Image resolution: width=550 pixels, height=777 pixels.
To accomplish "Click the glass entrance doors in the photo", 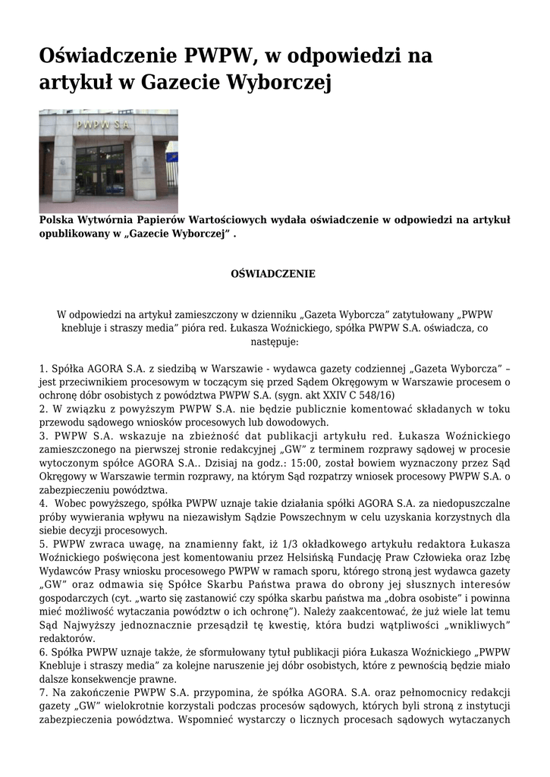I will (x=99, y=170).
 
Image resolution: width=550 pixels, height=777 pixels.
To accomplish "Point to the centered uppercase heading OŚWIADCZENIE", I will (x=273, y=273).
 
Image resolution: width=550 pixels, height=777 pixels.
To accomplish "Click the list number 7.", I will (x=42, y=693).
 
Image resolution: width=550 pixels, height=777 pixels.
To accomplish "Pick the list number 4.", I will (x=42, y=504).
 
